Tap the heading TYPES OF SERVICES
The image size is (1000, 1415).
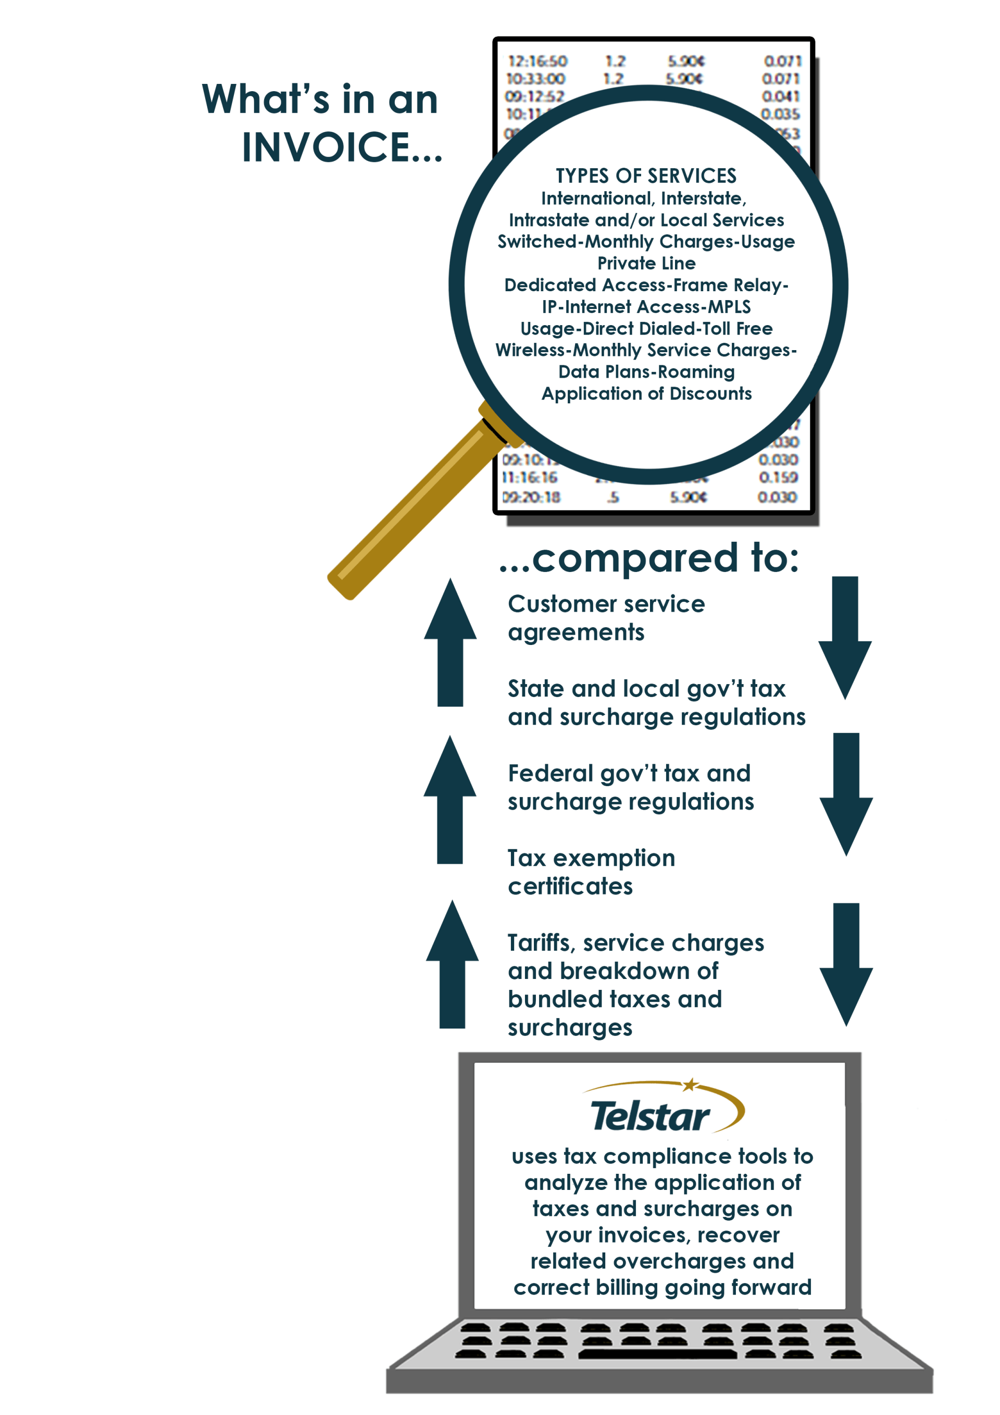(646, 176)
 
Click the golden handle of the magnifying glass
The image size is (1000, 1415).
(413, 511)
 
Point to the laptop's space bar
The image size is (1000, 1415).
(657, 1354)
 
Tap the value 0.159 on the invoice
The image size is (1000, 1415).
(778, 478)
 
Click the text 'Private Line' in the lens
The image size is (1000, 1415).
(646, 263)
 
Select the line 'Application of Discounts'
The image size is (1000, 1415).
(646, 394)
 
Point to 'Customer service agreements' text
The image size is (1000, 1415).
(606, 618)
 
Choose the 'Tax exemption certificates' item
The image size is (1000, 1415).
(591, 872)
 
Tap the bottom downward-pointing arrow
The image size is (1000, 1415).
(846, 964)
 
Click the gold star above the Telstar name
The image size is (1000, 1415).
(691, 1084)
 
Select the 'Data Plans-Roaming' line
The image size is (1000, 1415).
(646, 372)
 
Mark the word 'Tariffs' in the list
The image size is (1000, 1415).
(539, 943)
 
